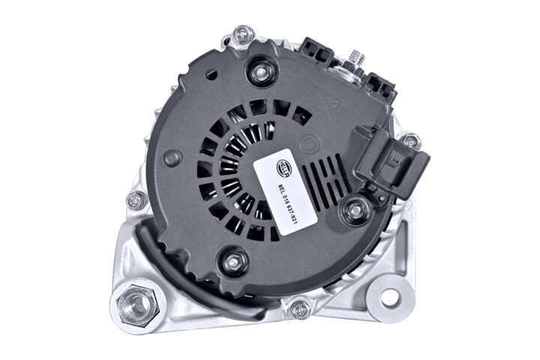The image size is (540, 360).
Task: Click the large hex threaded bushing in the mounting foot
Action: pyautogui.click(x=136, y=305)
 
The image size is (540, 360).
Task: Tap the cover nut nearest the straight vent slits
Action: pyautogui.click(x=353, y=210)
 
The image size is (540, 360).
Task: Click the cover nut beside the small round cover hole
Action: pyautogui.click(x=261, y=73)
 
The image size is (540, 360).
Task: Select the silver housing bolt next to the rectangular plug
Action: pyautogui.click(x=410, y=141)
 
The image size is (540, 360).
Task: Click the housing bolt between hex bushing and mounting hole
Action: pyautogui.click(x=300, y=307)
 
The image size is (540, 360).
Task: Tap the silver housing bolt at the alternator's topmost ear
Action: pyautogui.click(x=243, y=34)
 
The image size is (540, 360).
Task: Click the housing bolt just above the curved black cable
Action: pyautogui.click(x=135, y=200)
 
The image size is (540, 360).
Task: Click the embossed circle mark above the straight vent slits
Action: pyautogui.click(x=308, y=142)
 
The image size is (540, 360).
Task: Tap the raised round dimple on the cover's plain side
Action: pyautogui.click(x=172, y=157)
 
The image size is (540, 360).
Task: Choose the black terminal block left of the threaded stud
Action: pyautogui.click(x=316, y=51)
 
